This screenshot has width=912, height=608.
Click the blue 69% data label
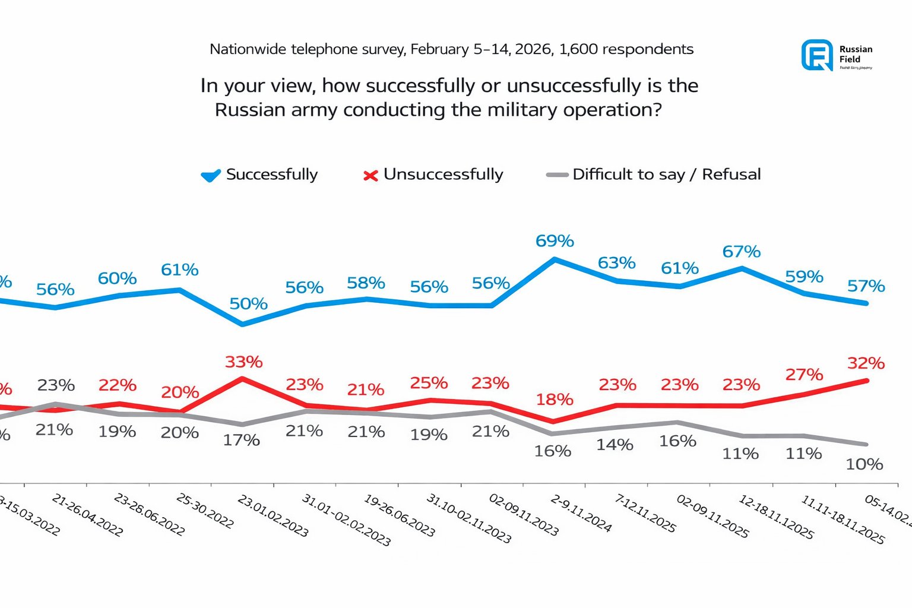(555, 241)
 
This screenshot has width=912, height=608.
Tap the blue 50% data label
(248, 304)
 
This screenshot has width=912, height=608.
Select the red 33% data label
(243, 362)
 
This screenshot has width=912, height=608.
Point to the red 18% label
(555, 400)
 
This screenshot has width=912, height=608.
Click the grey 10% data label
(864, 464)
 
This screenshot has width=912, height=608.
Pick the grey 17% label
(241, 441)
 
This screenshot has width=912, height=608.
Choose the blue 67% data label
(741, 252)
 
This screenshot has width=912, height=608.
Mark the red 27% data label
(804, 375)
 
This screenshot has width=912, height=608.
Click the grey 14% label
(615, 445)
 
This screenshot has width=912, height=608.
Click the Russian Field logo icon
(817, 55)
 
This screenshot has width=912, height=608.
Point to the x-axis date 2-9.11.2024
(581, 514)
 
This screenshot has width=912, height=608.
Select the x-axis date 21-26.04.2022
(87, 515)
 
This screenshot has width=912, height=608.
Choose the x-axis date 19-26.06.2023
(399, 516)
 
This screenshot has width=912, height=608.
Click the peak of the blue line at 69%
(555, 259)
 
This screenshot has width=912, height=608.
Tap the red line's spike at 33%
(242, 378)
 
